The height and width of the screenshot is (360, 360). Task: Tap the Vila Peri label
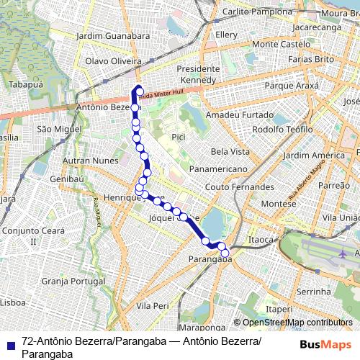[x=152, y=305]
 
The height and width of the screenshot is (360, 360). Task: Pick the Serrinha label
[x=313, y=292]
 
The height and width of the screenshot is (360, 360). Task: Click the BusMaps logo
[x=323, y=344]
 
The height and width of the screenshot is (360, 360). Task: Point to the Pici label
[x=179, y=135]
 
